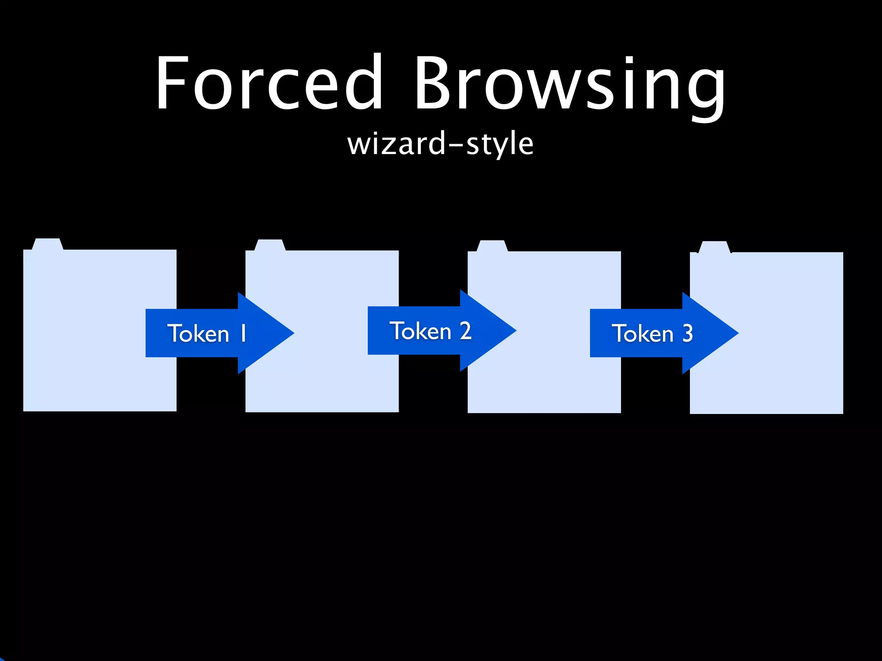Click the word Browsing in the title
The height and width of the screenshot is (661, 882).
point(569,86)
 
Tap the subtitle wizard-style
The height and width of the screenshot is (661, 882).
point(440,144)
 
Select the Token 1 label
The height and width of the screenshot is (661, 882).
point(207,334)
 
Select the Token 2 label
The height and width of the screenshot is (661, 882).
point(430,331)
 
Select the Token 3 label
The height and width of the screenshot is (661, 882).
point(652,334)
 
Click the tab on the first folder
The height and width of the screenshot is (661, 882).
point(47,244)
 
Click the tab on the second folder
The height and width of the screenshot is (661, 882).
point(270,245)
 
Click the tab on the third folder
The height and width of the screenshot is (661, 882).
point(492,246)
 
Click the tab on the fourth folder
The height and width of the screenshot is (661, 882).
point(714,247)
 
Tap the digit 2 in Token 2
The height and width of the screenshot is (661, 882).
point(465,331)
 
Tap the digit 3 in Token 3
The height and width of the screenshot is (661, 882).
point(687,334)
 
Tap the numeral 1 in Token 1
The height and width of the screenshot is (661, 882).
point(243,334)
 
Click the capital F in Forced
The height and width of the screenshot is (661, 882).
point(173,83)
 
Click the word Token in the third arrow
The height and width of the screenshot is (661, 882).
point(643,334)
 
